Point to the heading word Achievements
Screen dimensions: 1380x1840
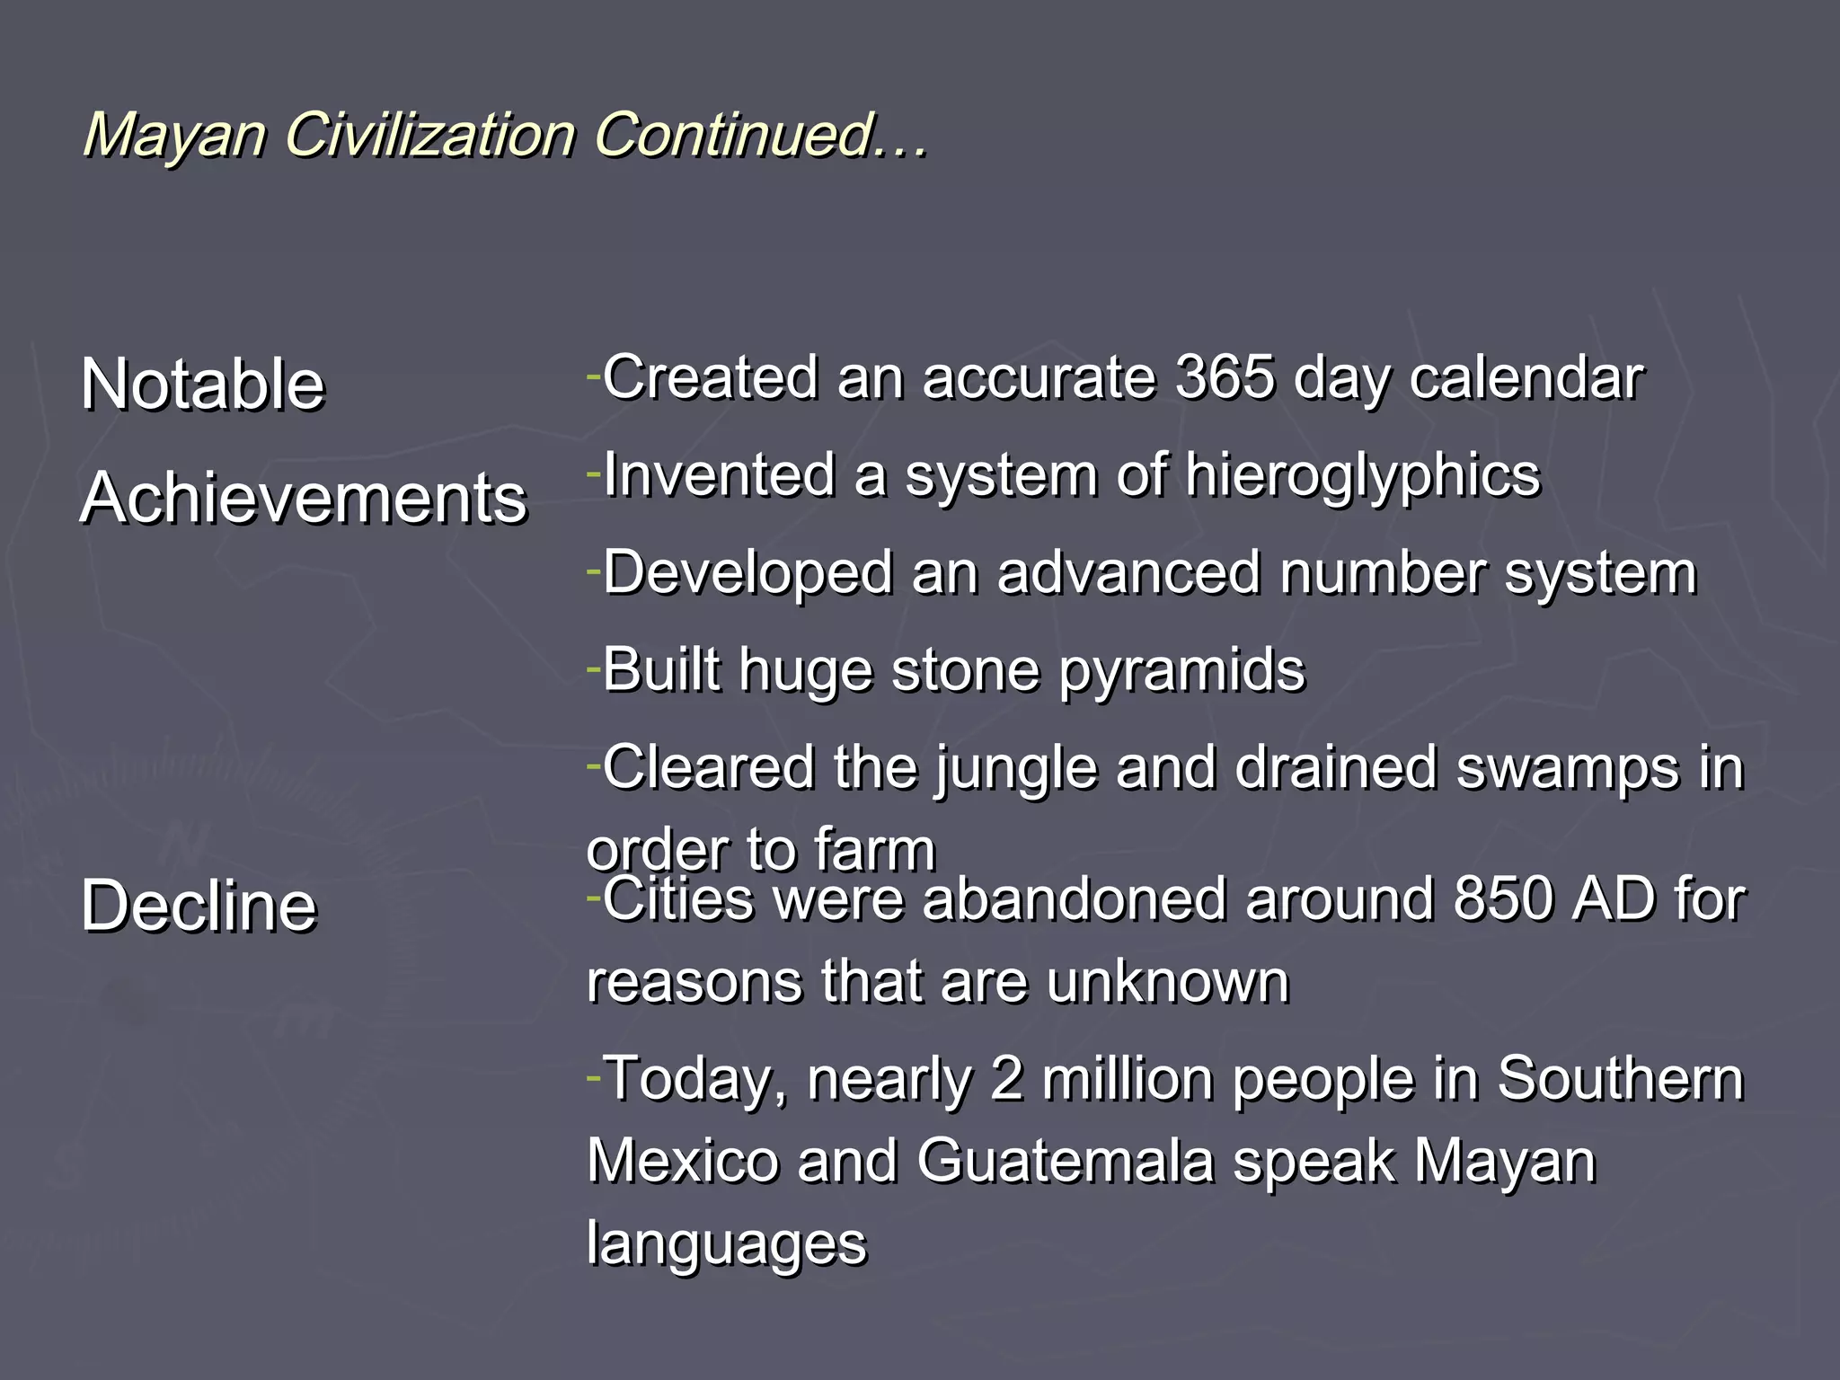(x=304, y=498)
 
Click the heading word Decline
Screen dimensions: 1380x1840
(x=199, y=906)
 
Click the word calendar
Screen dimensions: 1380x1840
(x=1526, y=379)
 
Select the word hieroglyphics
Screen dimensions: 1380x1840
(x=1362, y=476)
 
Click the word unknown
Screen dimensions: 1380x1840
(x=1167, y=981)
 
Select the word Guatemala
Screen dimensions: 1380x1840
(x=1065, y=1161)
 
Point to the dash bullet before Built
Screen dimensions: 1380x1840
(x=592, y=668)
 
